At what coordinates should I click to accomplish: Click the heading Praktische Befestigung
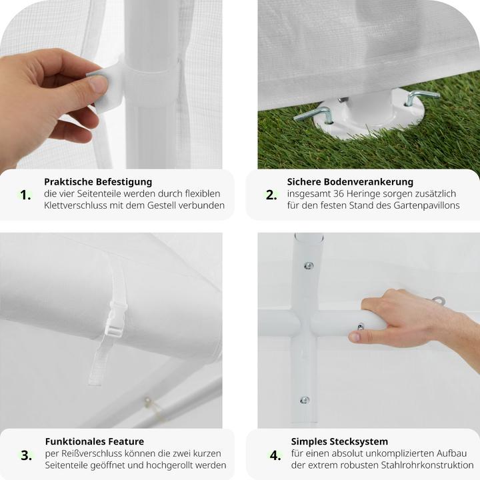98,181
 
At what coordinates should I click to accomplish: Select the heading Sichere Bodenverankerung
350,181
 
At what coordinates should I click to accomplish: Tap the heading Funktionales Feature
94,441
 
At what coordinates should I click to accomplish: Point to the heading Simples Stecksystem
339,441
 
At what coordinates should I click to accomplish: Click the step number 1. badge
25,195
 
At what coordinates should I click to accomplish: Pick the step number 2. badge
271,195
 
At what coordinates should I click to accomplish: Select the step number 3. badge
26,455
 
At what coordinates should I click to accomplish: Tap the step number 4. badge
275,455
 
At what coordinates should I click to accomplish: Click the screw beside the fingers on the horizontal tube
360,326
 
